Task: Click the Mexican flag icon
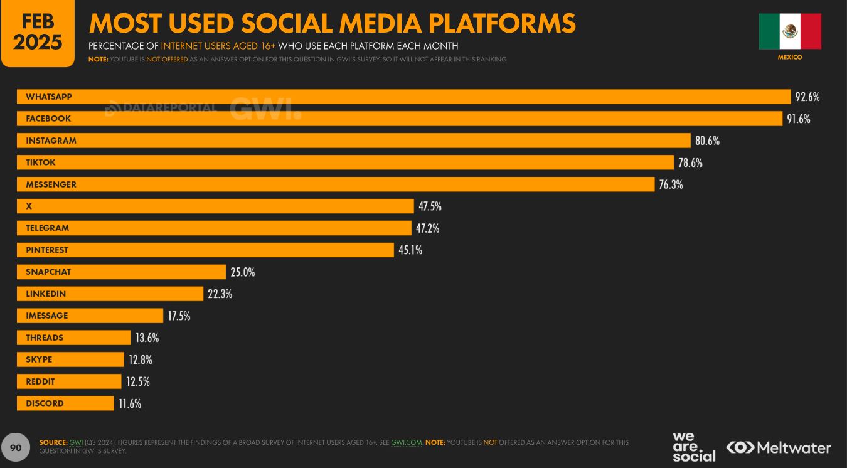pyautogui.click(x=789, y=31)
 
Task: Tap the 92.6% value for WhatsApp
pyautogui.click(x=807, y=97)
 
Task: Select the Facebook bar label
pyautogui.click(x=48, y=119)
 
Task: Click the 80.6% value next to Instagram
pyautogui.click(x=707, y=141)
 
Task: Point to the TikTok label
pyautogui.click(x=41, y=162)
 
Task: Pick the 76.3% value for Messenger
pyautogui.click(x=671, y=184)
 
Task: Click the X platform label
pyautogui.click(x=29, y=206)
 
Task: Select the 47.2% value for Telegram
pyautogui.click(x=427, y=228)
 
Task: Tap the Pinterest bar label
pyautogui.click(x=47, y=250)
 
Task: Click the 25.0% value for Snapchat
pyautogui.click(x=243, y=272)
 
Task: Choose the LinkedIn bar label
pyautogui.click(x=46, y=294)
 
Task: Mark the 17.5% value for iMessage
pyautogui.click(x=179, y=316)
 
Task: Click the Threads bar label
pyautogui.click(x=45, y=338)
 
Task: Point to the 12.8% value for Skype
pyautogui.click(x=141, y=360)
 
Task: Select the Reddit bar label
pyautogui.click(x=40, y=381)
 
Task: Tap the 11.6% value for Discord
pyautogui.click(x=130, y=404)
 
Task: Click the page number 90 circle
pyautogui.click(x=16, y=447)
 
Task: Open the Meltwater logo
pyautogui.click(x=779, y=447)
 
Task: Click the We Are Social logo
pyautogui.click(x=693, y=447)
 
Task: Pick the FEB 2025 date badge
pyautogui.click(x=38, y=33)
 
